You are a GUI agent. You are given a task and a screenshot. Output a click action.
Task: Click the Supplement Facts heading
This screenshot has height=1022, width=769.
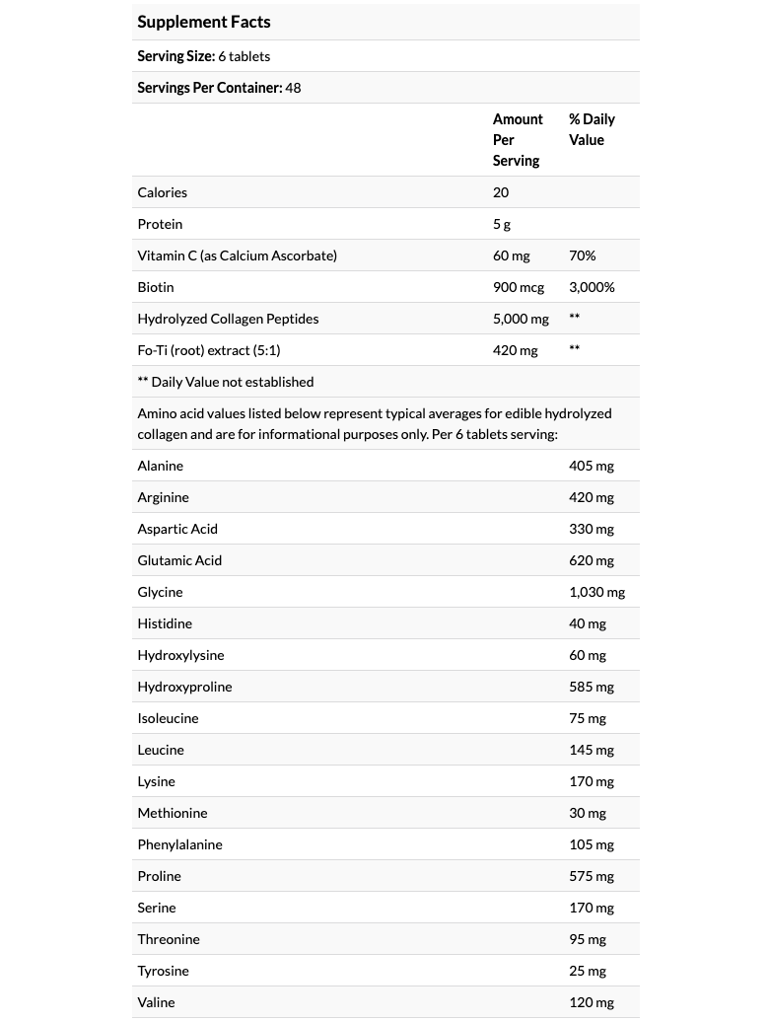click(203, 22)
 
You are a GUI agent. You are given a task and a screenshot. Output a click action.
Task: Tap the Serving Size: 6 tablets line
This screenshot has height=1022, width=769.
click(203, 56)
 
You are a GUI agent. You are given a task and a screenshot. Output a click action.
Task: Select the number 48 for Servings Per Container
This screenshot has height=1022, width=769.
click(293, 88)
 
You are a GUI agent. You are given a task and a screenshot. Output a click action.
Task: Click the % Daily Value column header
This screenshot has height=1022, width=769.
click(592, 129)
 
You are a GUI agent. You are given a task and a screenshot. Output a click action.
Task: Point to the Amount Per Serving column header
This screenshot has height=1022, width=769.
click(518, 140)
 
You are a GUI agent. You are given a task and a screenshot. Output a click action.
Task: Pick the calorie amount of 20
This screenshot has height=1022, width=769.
click(501, 192)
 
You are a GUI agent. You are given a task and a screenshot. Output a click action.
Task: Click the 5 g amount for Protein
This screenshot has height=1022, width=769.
click(502, 224)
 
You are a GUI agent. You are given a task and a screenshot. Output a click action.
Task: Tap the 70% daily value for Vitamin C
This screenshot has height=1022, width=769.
click(582, 255)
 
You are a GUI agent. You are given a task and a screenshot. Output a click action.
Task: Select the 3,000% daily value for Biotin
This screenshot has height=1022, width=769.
click(592, 287)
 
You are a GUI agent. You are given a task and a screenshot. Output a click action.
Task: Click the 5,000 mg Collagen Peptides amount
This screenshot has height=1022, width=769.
click(521, 319)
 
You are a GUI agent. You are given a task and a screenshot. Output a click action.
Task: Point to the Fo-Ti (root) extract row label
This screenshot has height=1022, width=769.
click(202, 350)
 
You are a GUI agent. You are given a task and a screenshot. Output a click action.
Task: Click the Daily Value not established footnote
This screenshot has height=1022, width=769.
click(226, 382)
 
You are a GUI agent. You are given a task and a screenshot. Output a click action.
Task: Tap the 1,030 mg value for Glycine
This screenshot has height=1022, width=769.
click(596, 592)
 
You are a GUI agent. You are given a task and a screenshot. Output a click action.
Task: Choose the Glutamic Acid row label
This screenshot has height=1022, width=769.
click(179, 560)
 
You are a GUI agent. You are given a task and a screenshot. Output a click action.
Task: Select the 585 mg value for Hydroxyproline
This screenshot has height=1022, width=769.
click(592, 687)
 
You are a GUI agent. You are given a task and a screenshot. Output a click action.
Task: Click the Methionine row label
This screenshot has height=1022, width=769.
click(173, 813)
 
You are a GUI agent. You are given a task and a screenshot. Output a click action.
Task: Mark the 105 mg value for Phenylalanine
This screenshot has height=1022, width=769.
click(592, 844)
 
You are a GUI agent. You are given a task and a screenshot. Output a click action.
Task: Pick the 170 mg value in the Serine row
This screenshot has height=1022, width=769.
click(592, 908)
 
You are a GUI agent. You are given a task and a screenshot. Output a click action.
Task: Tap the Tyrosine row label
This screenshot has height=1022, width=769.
click(163, 971)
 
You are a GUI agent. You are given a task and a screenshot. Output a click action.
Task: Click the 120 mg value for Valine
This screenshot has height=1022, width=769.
click(592, 1002)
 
